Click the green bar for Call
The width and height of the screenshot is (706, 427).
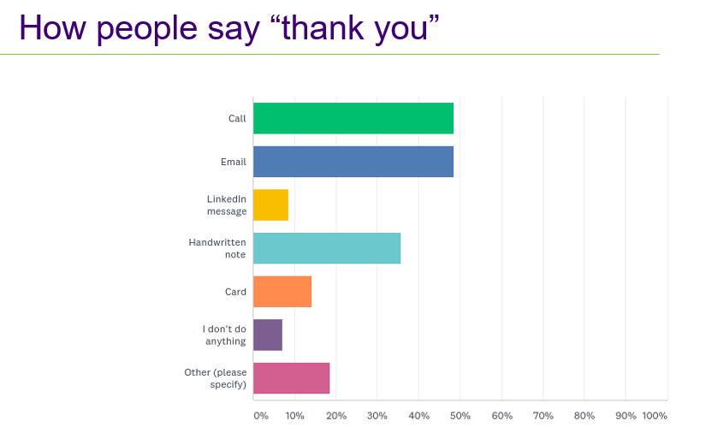click(353, 118)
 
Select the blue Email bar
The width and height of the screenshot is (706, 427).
click(353, 162)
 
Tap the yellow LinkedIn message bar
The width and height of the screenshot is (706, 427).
click(270, 205)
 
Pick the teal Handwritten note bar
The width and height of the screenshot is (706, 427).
click(327, 248)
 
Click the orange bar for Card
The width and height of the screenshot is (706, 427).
click(282, 292)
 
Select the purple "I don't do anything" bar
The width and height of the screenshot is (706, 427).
click(268, 335)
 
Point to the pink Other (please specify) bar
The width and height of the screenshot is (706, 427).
click(291, 378)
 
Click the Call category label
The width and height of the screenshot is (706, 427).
click(237, 118)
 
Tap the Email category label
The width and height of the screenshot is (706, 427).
click(233, 162)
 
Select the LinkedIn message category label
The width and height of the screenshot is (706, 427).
click(227, 205)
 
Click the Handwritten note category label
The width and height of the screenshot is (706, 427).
click(217, 248)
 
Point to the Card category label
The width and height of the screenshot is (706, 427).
click(235, 292)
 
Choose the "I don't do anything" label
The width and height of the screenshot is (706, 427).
click(224, 335)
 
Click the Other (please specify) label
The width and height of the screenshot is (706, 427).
click(216, 378)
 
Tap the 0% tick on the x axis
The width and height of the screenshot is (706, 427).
click(260, 416)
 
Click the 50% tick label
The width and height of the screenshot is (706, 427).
click(460, 416)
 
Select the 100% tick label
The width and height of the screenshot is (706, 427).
click(655, 416)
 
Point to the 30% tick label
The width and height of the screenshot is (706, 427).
click(377, 416)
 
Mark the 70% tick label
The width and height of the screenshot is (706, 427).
click(543, 416)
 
